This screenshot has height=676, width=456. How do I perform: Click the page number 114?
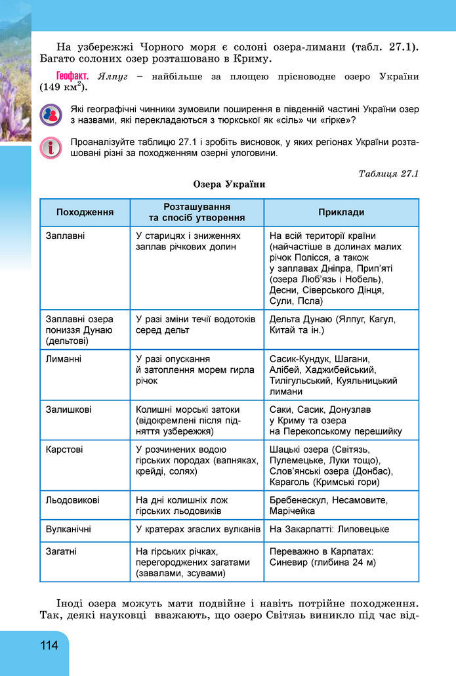pyautogui.click(x=49, y=645)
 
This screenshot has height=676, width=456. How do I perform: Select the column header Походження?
pyautogui.click(x=85, y=212)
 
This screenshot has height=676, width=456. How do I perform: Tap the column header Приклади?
pyautogui.click(x=341, y=212)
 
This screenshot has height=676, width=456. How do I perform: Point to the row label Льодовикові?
pyautogui.click(x=73, y=500)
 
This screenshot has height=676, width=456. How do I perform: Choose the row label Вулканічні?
pyautogui.click(x=69, y=528)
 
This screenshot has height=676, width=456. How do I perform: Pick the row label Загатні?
pyautogui.click(x=62, y=552)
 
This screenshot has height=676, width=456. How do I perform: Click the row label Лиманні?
pyautogui.click(x=64, y=359)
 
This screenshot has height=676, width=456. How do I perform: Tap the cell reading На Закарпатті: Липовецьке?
pyautogui.click(x=329, y=529)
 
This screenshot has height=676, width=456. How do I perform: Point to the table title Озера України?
pyautogui.click(x=229, y=184)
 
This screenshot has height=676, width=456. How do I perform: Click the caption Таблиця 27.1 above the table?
pyautogui.click(x=388, y=173)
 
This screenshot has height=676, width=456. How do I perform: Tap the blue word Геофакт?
pyautogui.click(x=72, y=76)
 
